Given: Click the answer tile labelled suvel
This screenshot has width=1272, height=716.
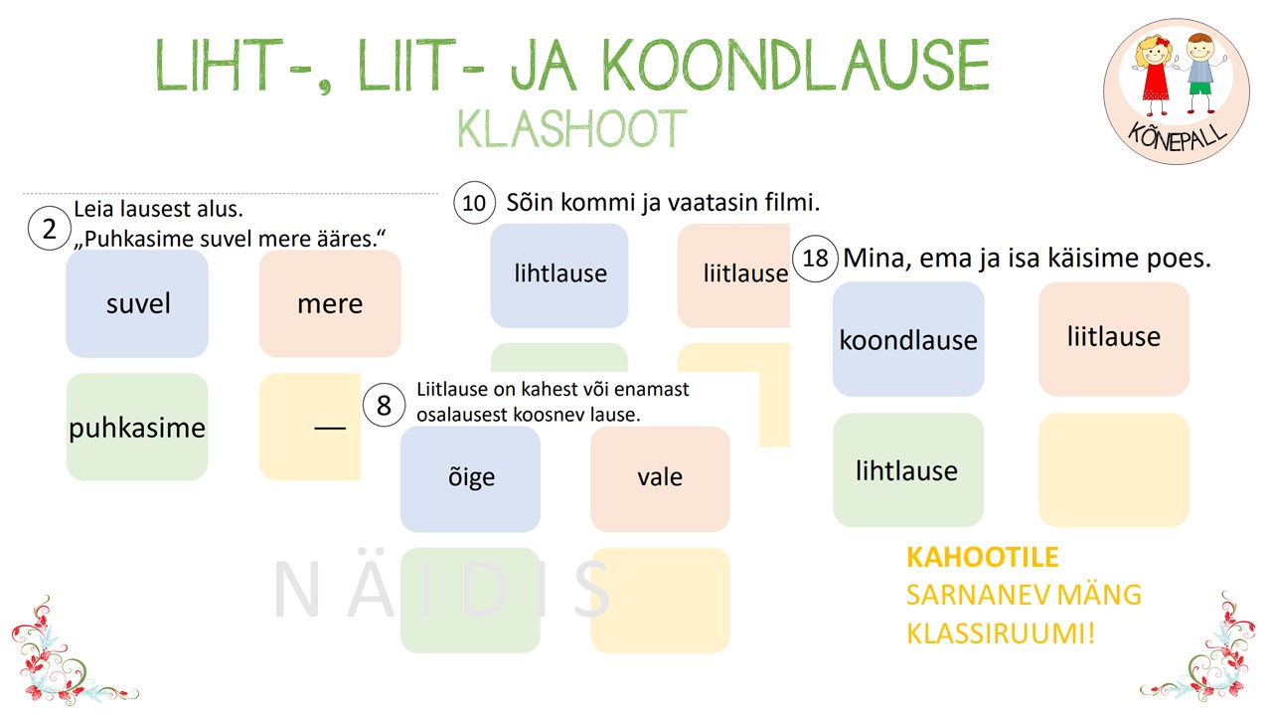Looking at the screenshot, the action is click(137, 303).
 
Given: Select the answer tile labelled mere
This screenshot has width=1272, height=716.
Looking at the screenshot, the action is click(330, 303).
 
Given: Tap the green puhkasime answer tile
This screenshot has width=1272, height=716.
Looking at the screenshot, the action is click(137, 427).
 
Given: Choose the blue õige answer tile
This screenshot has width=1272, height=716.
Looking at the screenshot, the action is click(470, 479).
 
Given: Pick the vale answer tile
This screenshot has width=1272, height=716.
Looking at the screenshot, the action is click(660, 479).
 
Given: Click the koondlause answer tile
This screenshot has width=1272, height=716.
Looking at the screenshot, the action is click(908, 339).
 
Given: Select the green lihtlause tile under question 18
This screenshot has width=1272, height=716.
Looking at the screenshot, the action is click(908, 470).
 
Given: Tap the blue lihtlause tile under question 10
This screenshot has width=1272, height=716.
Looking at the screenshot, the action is click(559, 275).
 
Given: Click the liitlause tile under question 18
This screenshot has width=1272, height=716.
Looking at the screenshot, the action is click(1114, 339).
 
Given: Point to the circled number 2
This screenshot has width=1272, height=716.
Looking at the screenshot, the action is click(50, 229).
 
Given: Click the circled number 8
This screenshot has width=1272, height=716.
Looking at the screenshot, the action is click(384, 405).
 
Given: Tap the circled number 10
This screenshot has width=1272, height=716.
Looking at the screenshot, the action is click(474, 202).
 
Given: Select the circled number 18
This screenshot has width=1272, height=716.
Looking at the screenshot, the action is click(815, 259).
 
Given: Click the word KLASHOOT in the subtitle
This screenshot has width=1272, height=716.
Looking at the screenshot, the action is click(571, 129).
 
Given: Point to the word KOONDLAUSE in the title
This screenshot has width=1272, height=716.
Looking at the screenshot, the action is click(796, 65).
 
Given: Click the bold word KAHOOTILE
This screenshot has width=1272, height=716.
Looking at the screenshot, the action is click(983, 557).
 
